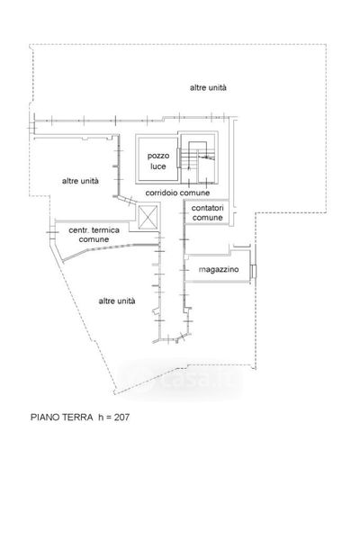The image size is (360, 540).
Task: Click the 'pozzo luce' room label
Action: point(158,161)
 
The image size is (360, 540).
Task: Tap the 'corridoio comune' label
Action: point(177,193)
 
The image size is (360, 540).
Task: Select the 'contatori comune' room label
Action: point(207,212)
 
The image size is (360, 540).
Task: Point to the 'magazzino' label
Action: point(219,269)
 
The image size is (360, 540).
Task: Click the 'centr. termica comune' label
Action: point(94,235)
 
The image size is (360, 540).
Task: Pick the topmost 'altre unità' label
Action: point(208,88)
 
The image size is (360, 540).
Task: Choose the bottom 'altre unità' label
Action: point(117,301)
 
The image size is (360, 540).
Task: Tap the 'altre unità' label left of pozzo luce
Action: point(80,181)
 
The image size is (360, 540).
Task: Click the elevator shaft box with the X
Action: point(148,217)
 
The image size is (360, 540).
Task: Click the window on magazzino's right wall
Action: point(254,271)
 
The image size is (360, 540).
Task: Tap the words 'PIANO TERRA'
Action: point(62,417)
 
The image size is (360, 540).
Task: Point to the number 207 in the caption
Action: point(122,417)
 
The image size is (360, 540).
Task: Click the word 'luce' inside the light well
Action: point(158,166)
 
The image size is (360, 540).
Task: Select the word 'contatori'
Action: point(207,208)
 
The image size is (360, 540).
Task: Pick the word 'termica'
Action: point(105,230)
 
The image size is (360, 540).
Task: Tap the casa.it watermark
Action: point(183,380)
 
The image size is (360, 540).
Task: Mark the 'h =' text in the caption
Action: point(104,417)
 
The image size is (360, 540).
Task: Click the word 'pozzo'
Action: point(158,157)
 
